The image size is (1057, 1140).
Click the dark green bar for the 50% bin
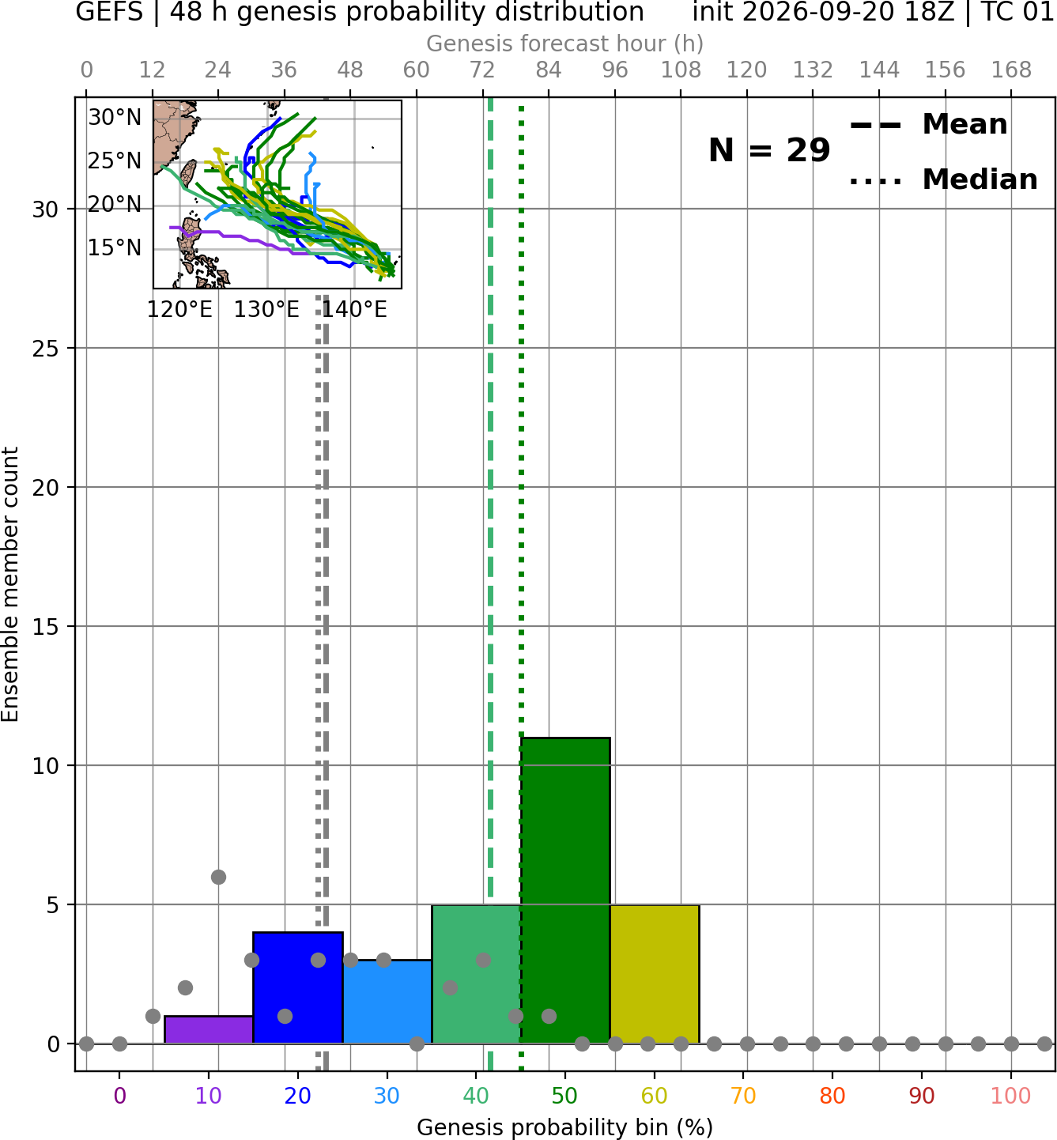pyautogui.click(x=565, y=889)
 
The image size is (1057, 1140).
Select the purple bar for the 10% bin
pyautogui.click(x=209, y=1029)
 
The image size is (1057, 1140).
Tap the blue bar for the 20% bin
pyautogui.click(x=297, y=987)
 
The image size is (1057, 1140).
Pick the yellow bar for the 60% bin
pyautogui.click(x=655, y=973)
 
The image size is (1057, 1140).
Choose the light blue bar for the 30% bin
pyautogui.click(x=387, y=1001)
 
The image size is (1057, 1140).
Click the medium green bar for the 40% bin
pyautogui.click(x=476, y=973)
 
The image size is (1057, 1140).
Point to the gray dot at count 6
pyautogui.click(x=218, y=877)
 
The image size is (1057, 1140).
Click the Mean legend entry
pyautogui.click(x=928, y=124)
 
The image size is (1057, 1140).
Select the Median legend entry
pyautogui.click(x=943, y=179)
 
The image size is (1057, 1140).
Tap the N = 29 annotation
pyautogui.click(x=769, y=150)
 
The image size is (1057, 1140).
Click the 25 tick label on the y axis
pyautogui.click(x=45, y=349)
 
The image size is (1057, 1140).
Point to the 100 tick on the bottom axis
pyautogui.click(x=1010, y=1096)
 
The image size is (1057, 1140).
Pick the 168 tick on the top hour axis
pyautogui.click(x=1011, y=70)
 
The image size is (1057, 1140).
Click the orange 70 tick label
pyautogui.click(x=743, y=1096)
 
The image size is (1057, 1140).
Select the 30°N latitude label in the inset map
pyautogui.click(x=115, y=118)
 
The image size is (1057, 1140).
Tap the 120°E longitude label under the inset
pyautogui.click(x=179, y=310)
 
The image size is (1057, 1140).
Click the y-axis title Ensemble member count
pyautogui.click(x=10, y=584)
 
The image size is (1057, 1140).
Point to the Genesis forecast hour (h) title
pyautogui.click(x=565, y=43)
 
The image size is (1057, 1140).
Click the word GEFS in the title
pyautogui.click(x=109, y=12)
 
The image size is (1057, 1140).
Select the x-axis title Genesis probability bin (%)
pyautogui.click(x=565, y=1127)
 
